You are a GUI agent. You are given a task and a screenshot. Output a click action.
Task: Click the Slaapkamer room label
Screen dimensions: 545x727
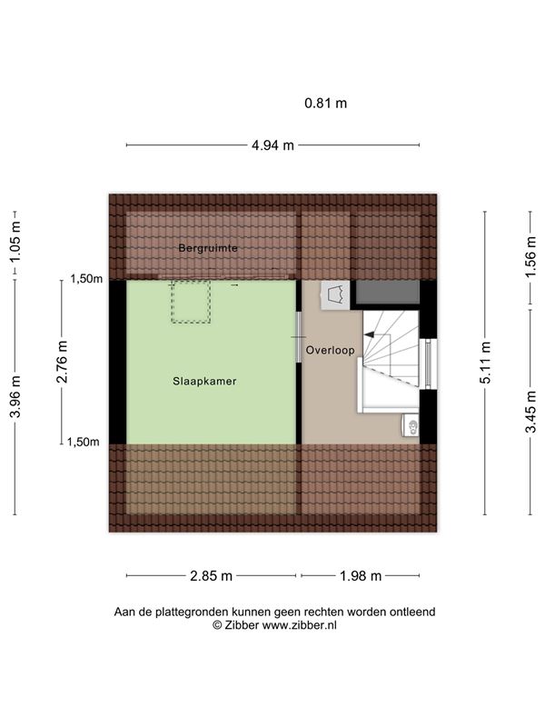click(204, 381)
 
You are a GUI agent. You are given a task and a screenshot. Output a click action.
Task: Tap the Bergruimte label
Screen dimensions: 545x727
click(208, 248)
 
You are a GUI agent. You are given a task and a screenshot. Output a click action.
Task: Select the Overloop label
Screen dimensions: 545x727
click(331, 351)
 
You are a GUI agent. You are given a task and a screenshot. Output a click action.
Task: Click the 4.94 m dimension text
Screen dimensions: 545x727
click(272, 145)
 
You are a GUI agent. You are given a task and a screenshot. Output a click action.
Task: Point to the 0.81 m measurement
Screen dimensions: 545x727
click(325, 103)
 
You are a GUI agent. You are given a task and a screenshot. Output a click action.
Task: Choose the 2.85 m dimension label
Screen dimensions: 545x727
click(211, 576)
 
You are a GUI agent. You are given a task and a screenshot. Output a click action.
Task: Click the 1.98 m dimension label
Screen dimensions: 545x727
click(361, 576)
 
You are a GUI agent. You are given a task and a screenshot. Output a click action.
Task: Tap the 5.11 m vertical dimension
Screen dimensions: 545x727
click(485, 363)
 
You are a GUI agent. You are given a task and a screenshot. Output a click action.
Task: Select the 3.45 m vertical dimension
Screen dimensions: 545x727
click(530, 412)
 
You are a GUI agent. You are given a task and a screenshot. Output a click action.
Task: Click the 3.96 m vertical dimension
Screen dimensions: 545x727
click(15, 397)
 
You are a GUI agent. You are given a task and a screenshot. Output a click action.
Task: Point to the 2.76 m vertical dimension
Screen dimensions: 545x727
click(62, 362)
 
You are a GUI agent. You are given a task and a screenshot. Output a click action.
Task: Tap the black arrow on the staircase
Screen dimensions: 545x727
click(370, 334)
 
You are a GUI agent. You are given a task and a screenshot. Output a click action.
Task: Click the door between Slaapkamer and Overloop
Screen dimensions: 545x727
click(299, 337)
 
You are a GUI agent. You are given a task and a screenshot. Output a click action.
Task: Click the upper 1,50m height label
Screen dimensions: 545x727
click(86, 279)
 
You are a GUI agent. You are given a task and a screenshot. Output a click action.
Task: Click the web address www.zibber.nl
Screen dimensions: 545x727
click(300, 625)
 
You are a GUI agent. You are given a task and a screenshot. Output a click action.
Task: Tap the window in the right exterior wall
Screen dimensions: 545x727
click(428, 364)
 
